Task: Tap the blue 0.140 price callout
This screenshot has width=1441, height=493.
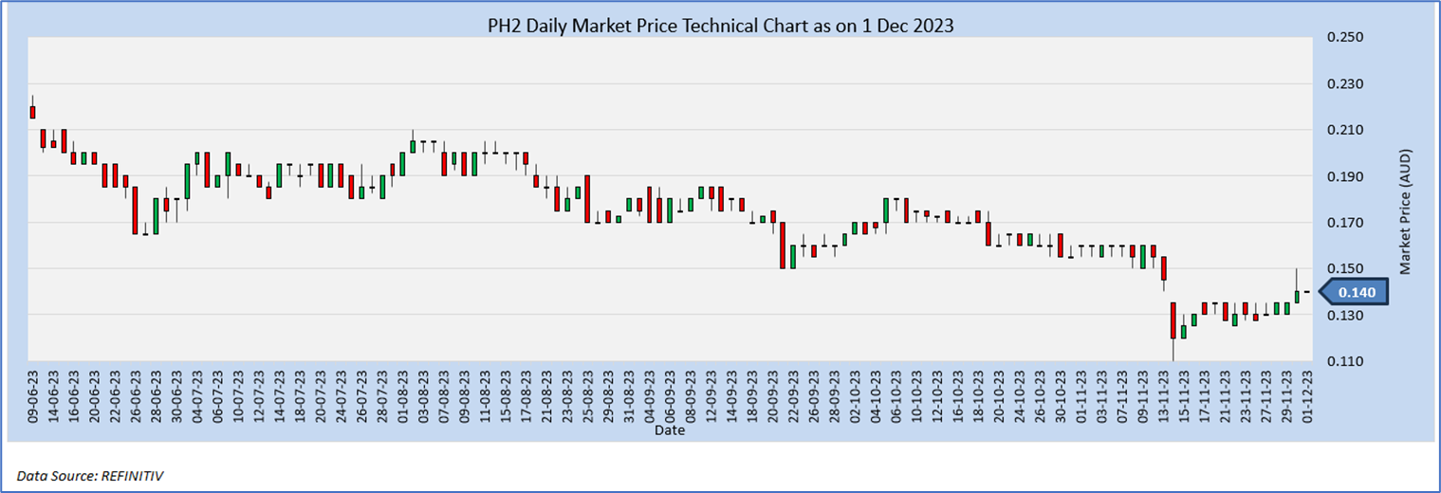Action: [x=1356, y=292]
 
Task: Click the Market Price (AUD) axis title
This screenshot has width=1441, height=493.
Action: [x=1406, y=210]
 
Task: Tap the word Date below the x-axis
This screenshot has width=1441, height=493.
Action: [x=669, y=430]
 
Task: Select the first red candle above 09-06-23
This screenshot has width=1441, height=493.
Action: [x=32, y=112]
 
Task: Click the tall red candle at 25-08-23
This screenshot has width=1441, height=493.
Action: [x=587, y=198]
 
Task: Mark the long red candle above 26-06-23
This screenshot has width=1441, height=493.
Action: [x=135, y=209]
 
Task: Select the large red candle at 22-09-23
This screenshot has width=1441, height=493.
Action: [x=784, y=245]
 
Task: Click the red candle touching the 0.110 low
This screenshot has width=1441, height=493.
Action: [x=1173, y=320]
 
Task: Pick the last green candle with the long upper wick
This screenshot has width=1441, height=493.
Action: [x=1297, y=297]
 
